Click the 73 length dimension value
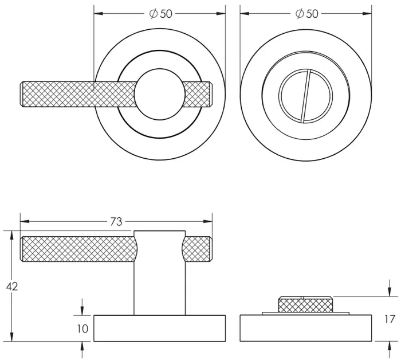click(x=116, y=222)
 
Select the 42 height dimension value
click(x=11, y=286)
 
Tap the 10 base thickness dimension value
click(x=82, y=328)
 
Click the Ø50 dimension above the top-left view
click(x=160, y=14)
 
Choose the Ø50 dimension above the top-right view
click(x=306, y=14)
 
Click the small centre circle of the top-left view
click(x=159, y=95)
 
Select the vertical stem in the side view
click(x=160, y=281)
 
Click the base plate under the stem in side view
click(x=160, y=328)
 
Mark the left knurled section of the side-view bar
click(x=77, y=248)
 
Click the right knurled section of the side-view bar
click(x=198, y=248)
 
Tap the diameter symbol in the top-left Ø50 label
click(x=153, y=14)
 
